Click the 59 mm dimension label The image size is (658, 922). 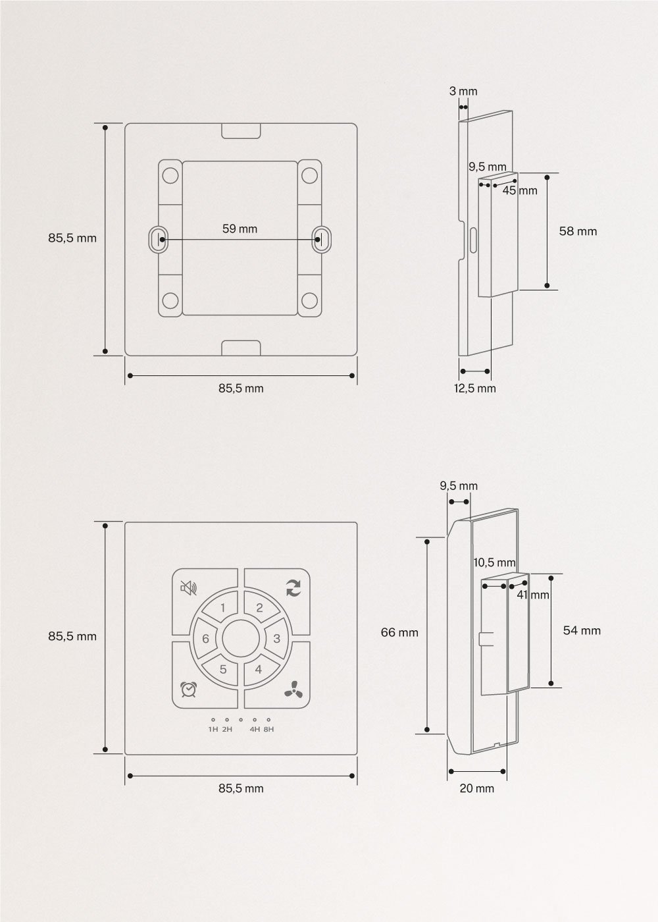coord(240,229)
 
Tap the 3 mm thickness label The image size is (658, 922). coord(463,92)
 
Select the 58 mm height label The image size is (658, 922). coord(578,231)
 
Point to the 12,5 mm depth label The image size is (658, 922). coord(474,388)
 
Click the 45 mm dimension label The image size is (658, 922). coord(520,190)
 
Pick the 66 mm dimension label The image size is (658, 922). coord(399,632)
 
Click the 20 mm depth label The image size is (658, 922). coord(476,788)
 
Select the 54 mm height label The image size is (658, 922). coord(582,630)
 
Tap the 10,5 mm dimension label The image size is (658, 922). coord(494,562)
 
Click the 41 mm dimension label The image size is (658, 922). coord(532,595)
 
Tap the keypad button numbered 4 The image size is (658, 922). coord(259,669)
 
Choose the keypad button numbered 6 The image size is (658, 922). coord(205,639)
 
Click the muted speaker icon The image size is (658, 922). coord(188,588)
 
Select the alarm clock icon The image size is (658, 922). coord(188,689)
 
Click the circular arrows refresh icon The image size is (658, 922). coord(292,588)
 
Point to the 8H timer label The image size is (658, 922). coord(268,729)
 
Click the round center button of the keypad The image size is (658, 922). coord(241,639)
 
